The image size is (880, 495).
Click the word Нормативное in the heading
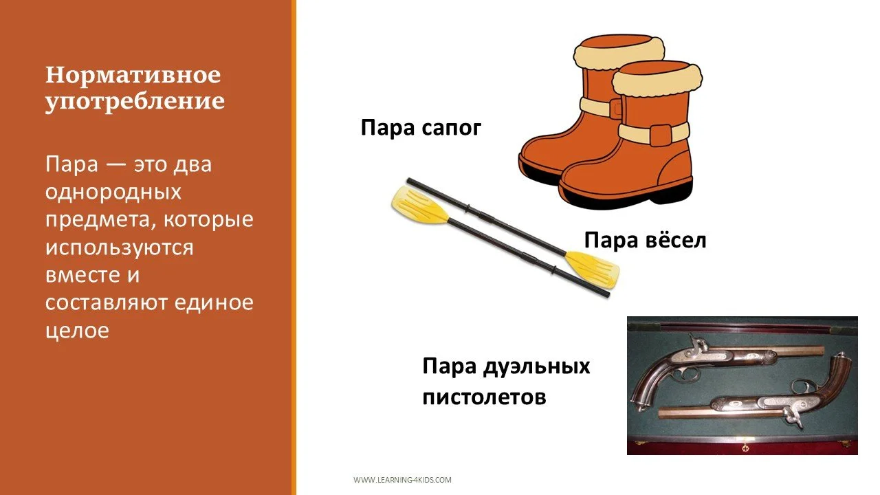[x=133, y=74]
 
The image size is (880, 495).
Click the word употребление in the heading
[x=135, y=102]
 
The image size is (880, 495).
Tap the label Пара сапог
[x=421, y=128]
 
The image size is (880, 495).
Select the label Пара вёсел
[x=645, y=241]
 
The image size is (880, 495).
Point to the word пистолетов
[x=484, y=397]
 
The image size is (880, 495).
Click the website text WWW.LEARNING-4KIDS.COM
[x=402, y=480]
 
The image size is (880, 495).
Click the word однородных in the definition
[x=113, y=192]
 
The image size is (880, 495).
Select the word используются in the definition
[x=120, y=247]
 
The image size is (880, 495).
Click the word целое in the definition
[x=77, y=330]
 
